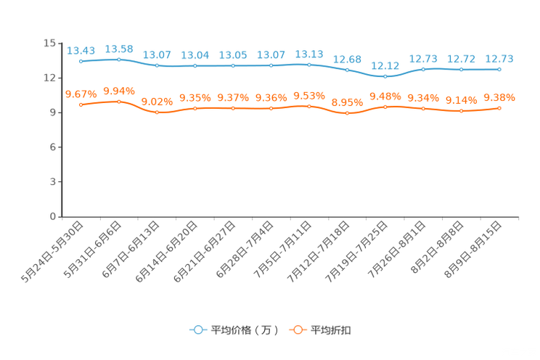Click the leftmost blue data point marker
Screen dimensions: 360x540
pos(81,62)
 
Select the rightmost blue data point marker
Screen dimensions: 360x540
pos(499,70)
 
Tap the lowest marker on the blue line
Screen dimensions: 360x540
pos(385,76)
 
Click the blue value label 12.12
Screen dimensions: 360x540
pos(385,65)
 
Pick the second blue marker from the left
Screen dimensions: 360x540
pos(119,60)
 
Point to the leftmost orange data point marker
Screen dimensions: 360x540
pos(81,105)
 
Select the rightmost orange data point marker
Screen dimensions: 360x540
pos(499,109)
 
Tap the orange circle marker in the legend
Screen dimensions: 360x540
pos(298,330)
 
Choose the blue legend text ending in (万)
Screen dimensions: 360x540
pos(245,330)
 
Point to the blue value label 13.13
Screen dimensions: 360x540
pos(309,54)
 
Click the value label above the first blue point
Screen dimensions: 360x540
pos(81,50)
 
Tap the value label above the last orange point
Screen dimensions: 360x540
pos(499,97)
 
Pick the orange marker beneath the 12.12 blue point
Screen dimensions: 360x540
pos(385,107)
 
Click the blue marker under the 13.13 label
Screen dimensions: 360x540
pos(309,65)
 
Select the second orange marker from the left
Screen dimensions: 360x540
pos(119,102)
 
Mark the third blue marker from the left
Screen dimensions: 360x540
pos(157,66)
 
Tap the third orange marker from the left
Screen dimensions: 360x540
pos(157,112)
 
